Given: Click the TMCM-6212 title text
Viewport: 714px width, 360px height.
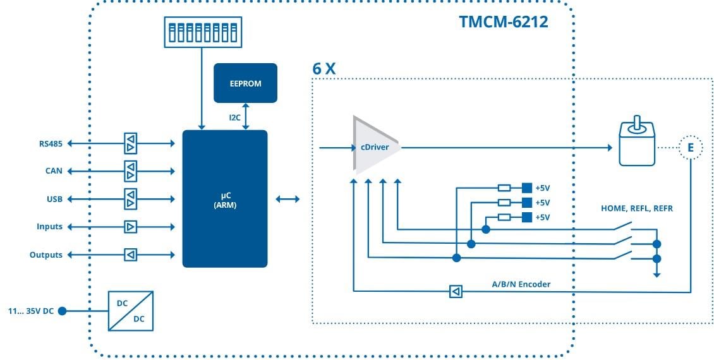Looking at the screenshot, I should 503,23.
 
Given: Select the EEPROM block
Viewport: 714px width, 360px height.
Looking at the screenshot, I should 245,83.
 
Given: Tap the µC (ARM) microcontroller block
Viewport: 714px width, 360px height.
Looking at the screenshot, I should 224,199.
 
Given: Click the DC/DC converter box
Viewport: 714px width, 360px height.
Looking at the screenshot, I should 130,311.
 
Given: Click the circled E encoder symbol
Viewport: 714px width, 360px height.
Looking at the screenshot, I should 690,148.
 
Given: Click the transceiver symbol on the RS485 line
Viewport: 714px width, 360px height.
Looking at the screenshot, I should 130,143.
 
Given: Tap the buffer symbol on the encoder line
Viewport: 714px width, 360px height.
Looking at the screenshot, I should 456,291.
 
